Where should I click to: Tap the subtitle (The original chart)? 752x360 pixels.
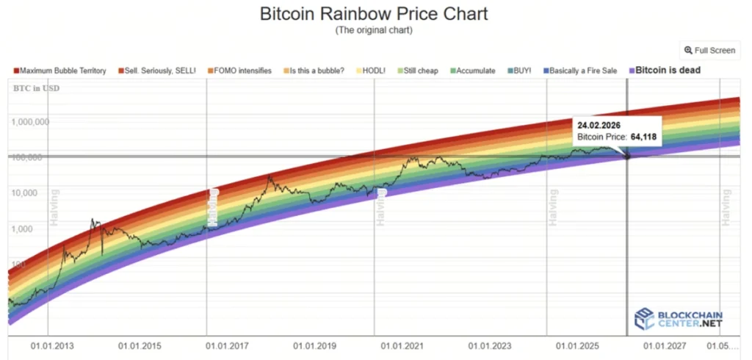click(375, 30)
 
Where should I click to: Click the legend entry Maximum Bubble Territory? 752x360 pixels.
click(60, 71)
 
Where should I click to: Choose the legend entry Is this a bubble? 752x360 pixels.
click(314, 71)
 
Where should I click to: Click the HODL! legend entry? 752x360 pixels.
click(374, 71)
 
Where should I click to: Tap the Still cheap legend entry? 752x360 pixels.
click(418, 71)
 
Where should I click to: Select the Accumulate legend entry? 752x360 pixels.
click(473, 71)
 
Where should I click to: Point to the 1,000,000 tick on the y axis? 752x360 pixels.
click(30, 122)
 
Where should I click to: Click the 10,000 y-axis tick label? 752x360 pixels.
click(30, 192)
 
